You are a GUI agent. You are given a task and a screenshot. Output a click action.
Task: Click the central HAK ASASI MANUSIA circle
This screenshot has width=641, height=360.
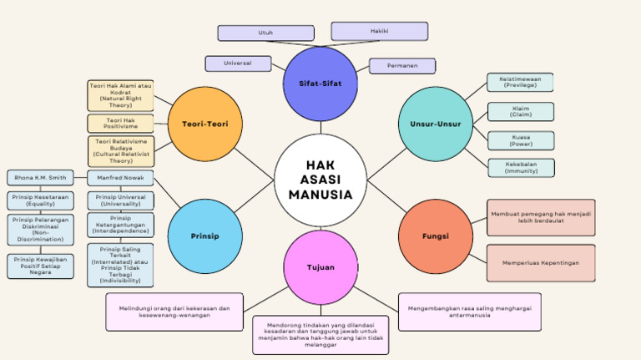coord(320,180)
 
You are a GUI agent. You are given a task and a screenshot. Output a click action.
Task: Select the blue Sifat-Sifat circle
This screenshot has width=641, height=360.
coord(320,84)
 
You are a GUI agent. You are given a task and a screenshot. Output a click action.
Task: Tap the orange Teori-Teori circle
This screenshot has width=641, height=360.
coord(205,124)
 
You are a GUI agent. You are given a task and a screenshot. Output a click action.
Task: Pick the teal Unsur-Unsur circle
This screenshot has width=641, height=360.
coord(435,124)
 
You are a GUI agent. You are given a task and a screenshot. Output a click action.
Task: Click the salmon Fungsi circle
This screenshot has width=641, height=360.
coord(435,236)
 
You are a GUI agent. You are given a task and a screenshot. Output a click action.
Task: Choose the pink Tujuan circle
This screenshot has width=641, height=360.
coord(320,268)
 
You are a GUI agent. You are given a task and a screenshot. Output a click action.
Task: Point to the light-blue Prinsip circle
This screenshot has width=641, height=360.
coord(205,236)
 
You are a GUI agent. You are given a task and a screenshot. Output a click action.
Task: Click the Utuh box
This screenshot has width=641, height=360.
coord(265,33)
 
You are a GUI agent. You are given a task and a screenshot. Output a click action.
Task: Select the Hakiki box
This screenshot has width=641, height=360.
coord(379,31)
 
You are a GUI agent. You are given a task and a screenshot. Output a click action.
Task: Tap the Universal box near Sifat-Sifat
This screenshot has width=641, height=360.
coord(238,63)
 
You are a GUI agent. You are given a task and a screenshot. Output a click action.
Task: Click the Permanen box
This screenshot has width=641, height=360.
coord(401,65)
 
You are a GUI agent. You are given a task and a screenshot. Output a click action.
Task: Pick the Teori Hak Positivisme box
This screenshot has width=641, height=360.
coord(121,124)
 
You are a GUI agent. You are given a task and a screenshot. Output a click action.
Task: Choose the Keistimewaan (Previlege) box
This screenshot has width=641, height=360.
coord(520,82)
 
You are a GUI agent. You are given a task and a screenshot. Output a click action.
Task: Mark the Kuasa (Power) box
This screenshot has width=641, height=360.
coord(521,139)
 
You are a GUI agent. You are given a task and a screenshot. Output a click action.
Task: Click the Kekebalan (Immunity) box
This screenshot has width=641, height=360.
coord(521,167)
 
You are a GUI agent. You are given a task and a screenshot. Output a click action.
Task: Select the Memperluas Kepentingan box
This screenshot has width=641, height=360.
coord(541,262)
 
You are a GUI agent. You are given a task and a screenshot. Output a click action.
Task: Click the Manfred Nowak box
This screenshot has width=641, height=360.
coord(120,177)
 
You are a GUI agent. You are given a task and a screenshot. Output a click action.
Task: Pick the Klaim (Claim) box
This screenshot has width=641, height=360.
coord(521,111)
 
